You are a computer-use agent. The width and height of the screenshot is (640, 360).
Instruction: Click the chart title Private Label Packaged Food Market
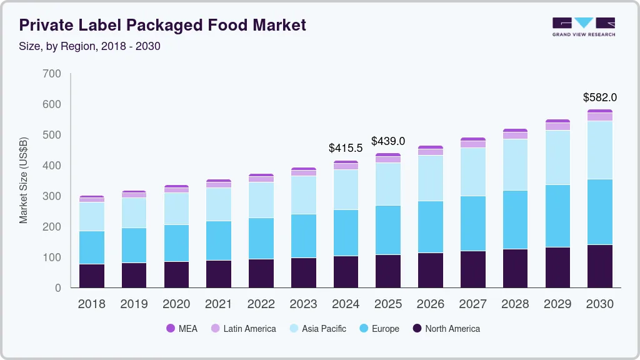point(162,25)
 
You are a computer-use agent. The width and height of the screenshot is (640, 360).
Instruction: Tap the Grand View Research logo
point(583,27)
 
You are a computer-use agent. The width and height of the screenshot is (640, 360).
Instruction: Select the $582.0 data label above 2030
point(599,97)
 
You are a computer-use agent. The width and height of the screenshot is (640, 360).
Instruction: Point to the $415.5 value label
point(346,149)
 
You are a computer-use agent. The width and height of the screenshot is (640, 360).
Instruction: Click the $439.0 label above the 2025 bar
point(388,141)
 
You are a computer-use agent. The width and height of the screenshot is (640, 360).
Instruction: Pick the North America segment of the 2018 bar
point(92,276)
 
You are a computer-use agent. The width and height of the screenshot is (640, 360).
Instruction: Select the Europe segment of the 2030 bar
point(599,212)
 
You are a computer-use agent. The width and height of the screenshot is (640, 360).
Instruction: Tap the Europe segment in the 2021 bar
point(219,241)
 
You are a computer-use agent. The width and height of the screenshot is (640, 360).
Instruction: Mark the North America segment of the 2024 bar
point(346,272)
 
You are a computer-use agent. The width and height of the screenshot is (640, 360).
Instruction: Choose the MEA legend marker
point(171,329)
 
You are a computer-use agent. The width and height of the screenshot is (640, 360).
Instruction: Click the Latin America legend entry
point(249,329)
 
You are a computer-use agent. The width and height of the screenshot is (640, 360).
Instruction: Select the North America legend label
point(452,329)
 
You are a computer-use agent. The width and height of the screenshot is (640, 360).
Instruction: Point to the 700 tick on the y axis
point(52,74)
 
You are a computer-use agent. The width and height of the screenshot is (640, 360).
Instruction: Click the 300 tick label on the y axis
point(52,196)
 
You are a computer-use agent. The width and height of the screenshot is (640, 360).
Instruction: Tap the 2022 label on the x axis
point(261,304)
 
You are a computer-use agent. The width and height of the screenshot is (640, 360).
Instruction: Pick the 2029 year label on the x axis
point(557,304)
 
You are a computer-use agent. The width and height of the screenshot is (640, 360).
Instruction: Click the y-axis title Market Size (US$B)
point(24,180)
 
